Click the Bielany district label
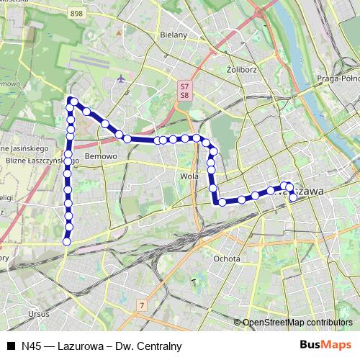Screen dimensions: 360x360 click(174, 34)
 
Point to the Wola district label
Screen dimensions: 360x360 click(190, 175)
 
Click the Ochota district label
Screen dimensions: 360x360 click(227, 258)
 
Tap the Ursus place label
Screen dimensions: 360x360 click(37, 313)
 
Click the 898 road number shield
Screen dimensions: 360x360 click(76, 14)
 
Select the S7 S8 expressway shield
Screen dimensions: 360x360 click(185, 90)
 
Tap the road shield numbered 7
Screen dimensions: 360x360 click(143, 305)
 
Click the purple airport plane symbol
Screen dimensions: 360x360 click(121, 77)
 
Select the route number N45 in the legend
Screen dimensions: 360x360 click(32, 346)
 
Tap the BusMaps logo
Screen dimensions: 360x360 click(327, 345)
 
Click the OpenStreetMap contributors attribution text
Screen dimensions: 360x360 click(297, 323)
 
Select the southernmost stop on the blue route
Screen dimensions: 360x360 click(66, 241)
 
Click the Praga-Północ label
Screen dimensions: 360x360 click(338, 78)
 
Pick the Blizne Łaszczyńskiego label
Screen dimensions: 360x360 click(36, 161)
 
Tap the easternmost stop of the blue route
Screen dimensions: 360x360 click(292, 196)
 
